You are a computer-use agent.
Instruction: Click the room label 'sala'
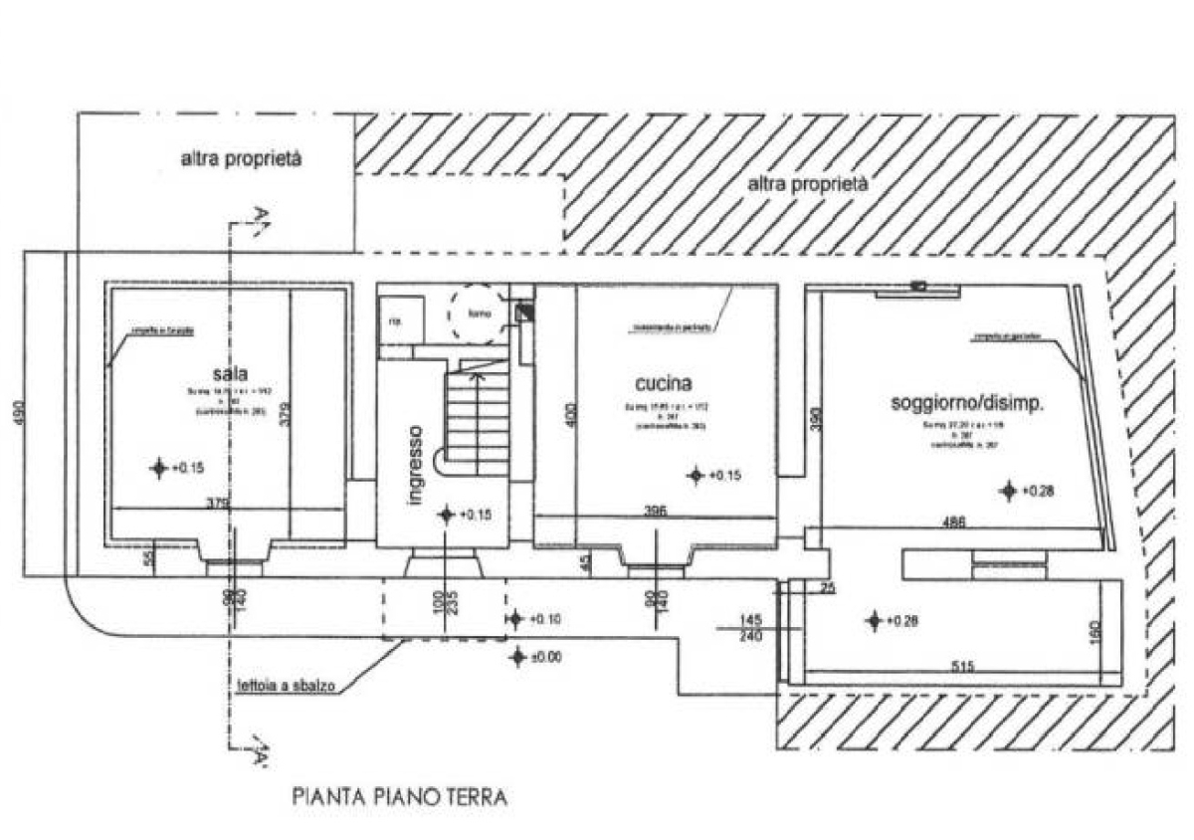click(x=226, y=373)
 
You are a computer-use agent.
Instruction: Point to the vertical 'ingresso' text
click(x=416, y=465)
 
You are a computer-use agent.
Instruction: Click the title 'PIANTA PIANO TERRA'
click(x=400, y=797)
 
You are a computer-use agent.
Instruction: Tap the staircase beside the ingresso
click(x=478, y=418)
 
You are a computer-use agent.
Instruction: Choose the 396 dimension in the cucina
click(x=655, y=512)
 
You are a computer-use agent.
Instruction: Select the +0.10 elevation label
click(x=544, y=619)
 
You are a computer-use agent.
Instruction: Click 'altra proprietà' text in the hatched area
click(x=807, y=184)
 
